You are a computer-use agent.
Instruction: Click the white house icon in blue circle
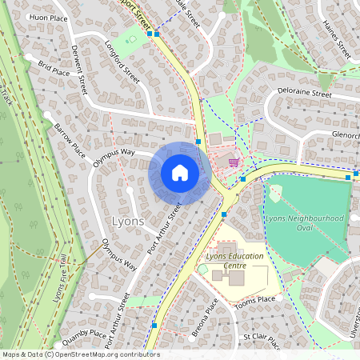tap(179, 173)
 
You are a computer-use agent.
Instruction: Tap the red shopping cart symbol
tap(234, 162)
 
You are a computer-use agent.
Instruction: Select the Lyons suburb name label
tap(129, 221)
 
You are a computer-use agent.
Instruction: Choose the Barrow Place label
tap(70, 138)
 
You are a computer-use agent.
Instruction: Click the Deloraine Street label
tap(305, 94)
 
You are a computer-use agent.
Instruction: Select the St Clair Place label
tap(262, 342)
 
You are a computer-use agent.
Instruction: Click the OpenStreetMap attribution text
tap(81, 354)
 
